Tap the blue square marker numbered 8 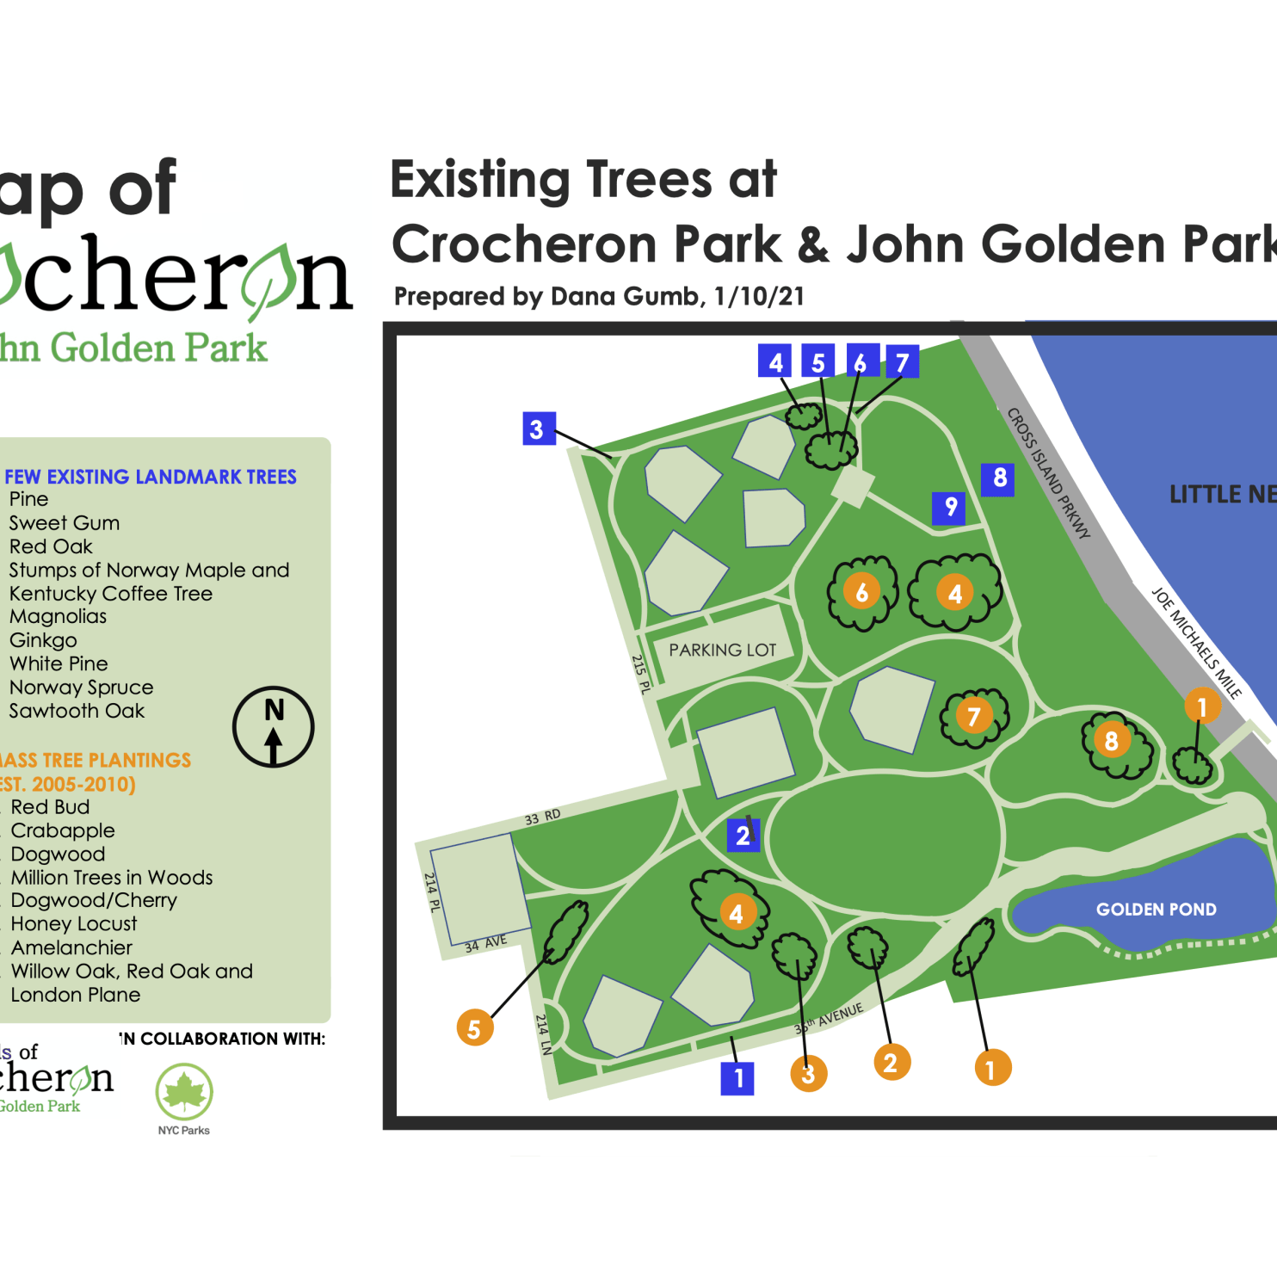click(x=998, y=478)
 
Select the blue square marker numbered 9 click(x=949, y=508)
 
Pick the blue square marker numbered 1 click(x=737, y=1077)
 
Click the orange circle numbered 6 click(x=861, y=592)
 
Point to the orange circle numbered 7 click(x=973, y=716)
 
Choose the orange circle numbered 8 click(x=1111, y=740)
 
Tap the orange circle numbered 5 click(x=474, y=1027)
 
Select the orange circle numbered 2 click(x=891, y=1063)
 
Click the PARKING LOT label click(x=723, y=650)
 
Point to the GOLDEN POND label click(x=1156, y=910)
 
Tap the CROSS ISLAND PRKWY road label click(x=1048, y=473)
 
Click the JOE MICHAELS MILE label click(x=1196, y=642)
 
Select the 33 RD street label click(x=543, y=817)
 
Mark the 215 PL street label click(x=640, y=675)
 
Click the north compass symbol click(x=274, y=727)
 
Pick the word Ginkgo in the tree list click(x=43, y=640)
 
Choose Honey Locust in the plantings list click(x=74, y=924)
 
